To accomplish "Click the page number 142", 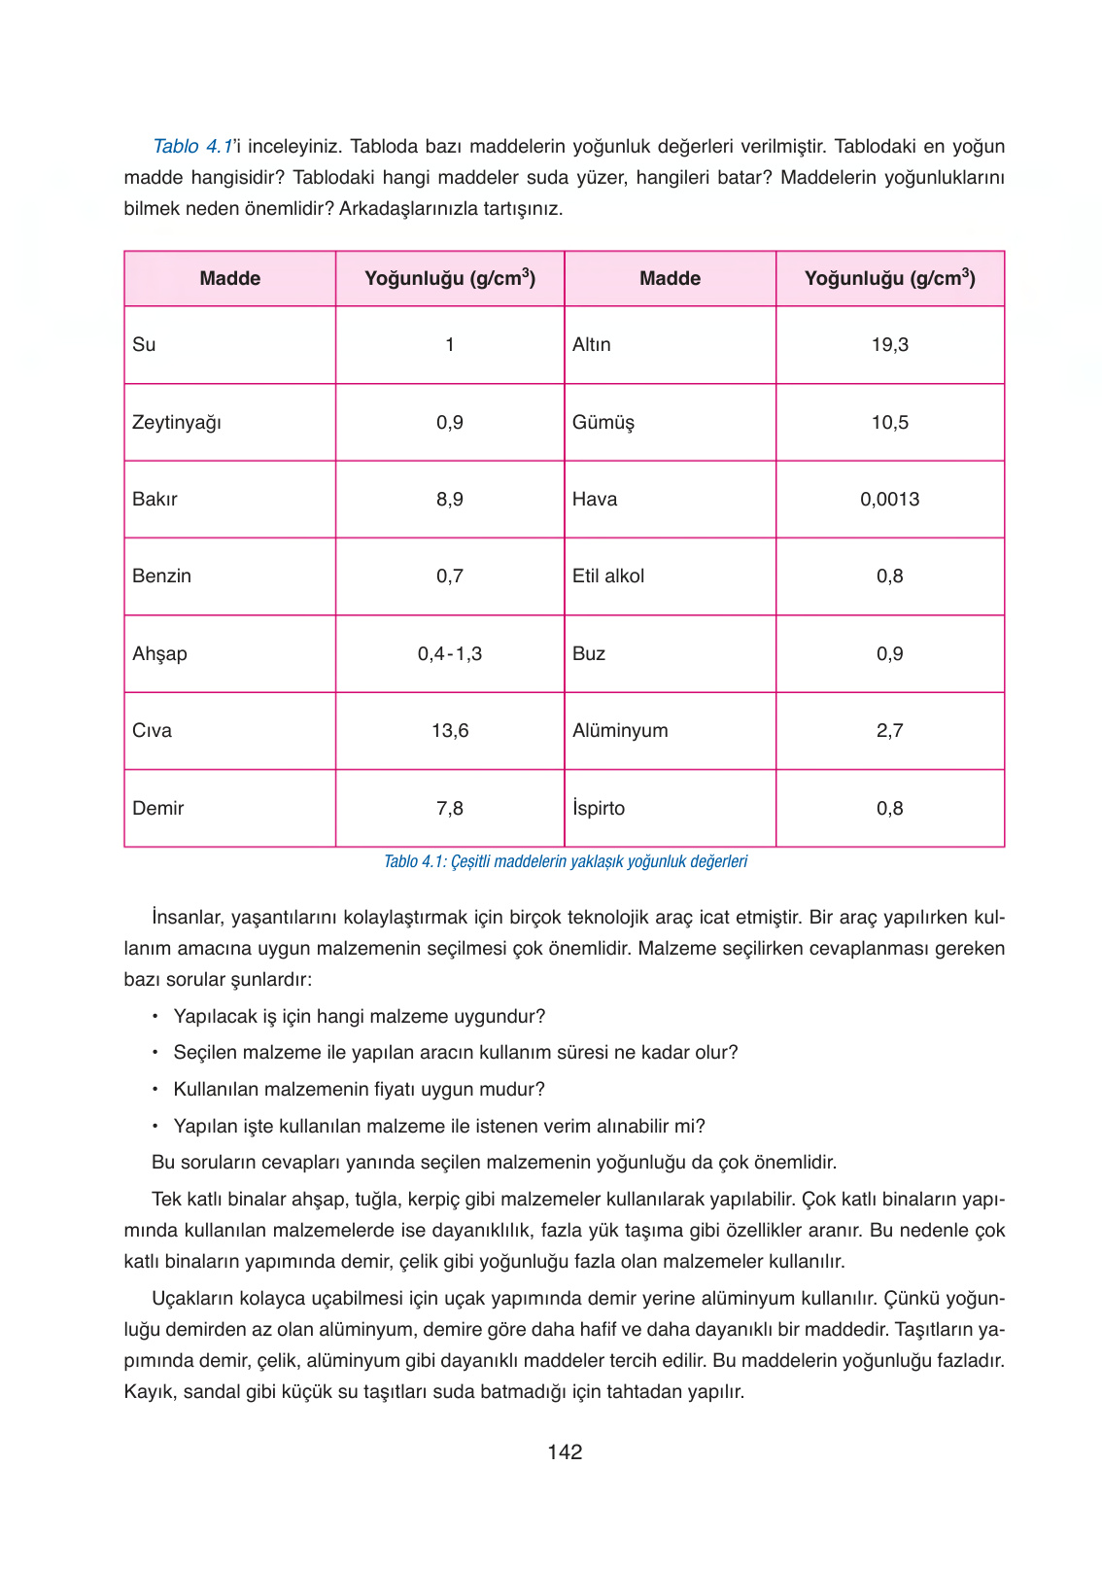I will pos(565,1451).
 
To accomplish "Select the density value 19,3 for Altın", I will pos(889,344).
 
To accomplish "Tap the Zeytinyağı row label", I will pos(177,422).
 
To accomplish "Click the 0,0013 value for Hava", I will pos(889,499).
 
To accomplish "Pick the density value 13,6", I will pos(450,730).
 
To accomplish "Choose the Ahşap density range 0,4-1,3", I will pos(450,653).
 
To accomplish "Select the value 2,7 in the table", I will pos(889,730).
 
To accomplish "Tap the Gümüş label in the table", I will pos(603,422).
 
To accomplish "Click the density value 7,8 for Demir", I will pos(450,808).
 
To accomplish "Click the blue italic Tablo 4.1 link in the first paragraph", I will pos(192,146).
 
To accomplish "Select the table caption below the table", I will pos(566,861).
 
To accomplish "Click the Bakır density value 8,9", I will pos(450,499).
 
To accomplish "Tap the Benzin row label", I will pos(162,576).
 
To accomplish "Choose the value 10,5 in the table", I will pos(889,422).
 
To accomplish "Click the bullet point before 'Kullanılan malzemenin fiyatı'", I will pos(155,1089).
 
